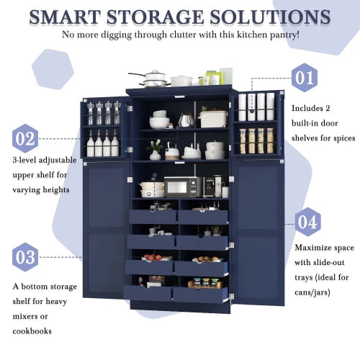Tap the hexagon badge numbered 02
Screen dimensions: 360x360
click(x=26, y=138)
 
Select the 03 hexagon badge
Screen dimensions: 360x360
click(x=26, y=257)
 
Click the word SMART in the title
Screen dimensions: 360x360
click(x=71, y=17)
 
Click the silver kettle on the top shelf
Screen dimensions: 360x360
click(x=186, y=120)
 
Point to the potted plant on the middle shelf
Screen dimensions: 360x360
click(x=155, y=150)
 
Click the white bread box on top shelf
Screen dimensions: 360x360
click(x=213, y=118)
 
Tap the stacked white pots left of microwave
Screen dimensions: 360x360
click(x=152, y=189)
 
